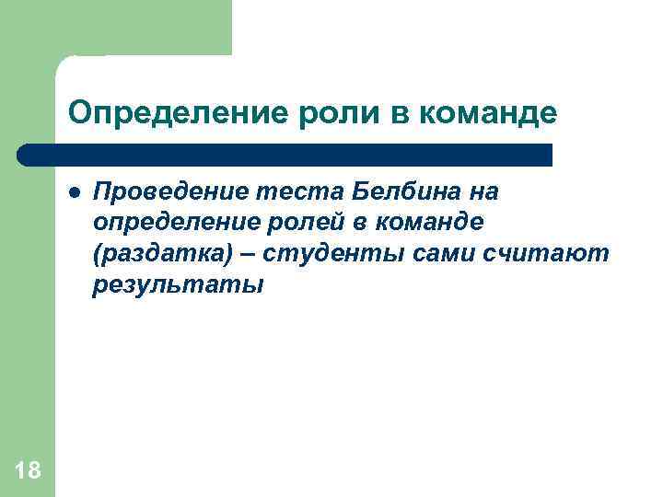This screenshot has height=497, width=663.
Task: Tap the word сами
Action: tap(431, 254)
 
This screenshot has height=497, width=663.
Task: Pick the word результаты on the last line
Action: tap(177, 285)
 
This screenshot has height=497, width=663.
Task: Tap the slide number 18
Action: tap(28, 471)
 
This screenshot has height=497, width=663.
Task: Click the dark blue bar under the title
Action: tap(285, 155)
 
